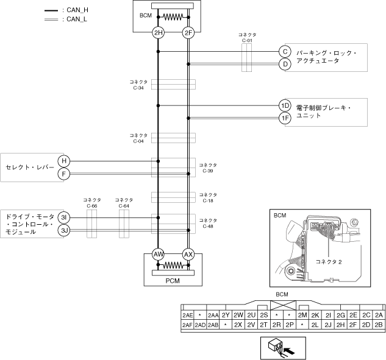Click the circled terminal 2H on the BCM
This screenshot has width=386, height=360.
[159, 32]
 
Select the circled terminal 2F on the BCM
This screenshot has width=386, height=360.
[188, 32]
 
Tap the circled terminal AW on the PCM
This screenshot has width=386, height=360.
[159, 253]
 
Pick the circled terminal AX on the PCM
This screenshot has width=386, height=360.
[188, 253]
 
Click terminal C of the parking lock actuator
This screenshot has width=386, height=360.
[285, 52]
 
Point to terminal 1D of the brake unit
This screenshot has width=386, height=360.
[285, 105]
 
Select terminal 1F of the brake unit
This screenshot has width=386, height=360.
[285, 118]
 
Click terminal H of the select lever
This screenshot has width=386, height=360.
[65, 161]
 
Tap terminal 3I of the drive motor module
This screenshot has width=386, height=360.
[65, 217]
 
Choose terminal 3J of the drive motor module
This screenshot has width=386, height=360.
[65, 230]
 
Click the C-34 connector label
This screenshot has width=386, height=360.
[138, 85]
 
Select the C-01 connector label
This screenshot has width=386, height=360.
[246, 38]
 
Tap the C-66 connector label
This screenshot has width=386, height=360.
[92, 203]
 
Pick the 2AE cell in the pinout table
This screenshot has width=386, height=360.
[187, 315]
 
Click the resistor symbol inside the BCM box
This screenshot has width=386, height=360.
[173, 16]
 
